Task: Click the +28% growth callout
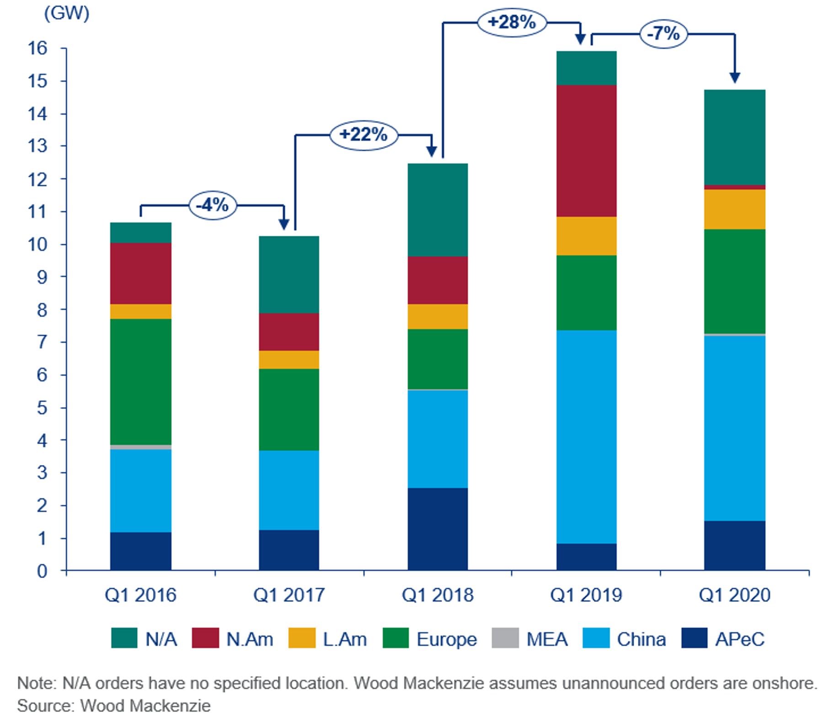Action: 512,22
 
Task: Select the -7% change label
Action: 663,34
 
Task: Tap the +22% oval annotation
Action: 363,135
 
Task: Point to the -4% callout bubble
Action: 213,205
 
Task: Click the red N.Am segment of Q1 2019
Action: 586,151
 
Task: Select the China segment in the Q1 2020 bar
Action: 734,428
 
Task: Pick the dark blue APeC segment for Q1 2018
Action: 438,529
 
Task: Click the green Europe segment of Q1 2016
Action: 141,382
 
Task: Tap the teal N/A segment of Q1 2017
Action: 289,274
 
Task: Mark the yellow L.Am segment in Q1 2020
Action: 734,209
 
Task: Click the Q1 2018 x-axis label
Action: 438,595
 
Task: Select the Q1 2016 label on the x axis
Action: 141,595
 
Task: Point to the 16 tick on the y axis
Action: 37,48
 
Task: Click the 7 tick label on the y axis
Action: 42,342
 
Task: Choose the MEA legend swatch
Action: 505,638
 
